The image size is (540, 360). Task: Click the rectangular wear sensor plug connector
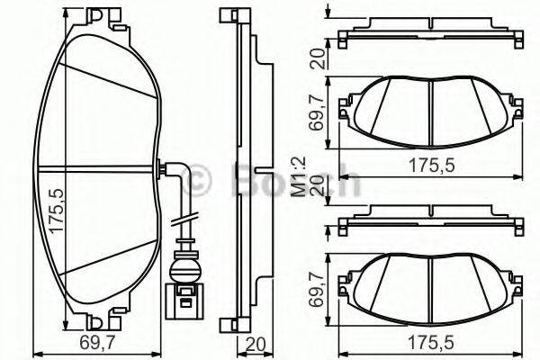click(x=184, y=298)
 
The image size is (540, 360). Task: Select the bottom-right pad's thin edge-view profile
click(x=429, y=218)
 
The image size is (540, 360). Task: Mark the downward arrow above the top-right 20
click(x=329, y=10)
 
